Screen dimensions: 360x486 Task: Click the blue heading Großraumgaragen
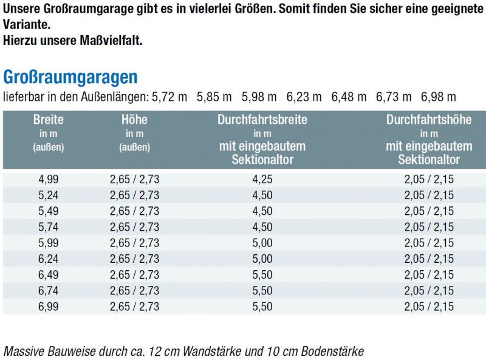pyautogui.click(x=70, y=77)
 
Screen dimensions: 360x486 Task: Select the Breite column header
pyautogui.click(x=48, y=120)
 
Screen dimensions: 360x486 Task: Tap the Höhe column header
pyautogui.click(x=134, y=120)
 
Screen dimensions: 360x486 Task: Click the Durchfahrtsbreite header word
pyautogui.click(x=262, y=120)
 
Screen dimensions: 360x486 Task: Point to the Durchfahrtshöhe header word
pyautogui.click(x=429, y=120)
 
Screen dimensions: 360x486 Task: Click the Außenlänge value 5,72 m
pyautogui.click(x=169, y=97)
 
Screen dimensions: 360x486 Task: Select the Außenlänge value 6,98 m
pyautogui.click(x=438, y=97)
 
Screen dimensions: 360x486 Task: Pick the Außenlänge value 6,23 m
pyautogui.click(x=304, y=97)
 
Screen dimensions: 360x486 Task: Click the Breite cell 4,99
pyautogui.click(x=48, y=179)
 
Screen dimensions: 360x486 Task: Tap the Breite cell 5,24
pyautogui.click(x=48, y=195)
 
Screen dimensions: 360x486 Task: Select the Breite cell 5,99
pyautogui.click(x=48, y=243)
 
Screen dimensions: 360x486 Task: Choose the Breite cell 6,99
pyautogui.click(x=48, y=307)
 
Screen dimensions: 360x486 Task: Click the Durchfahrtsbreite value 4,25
pyautogui.click(x=262, y=179)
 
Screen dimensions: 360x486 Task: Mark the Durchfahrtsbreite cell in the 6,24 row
pyautogui.click(x=262, y=259)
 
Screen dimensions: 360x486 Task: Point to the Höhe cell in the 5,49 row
pyautogui.click(x=134, y=211)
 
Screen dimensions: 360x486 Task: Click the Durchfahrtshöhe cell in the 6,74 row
pyautogui.click(x=429, y=291)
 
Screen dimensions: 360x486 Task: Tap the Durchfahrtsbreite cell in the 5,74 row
pyautogui.click(x=262, y=227)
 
